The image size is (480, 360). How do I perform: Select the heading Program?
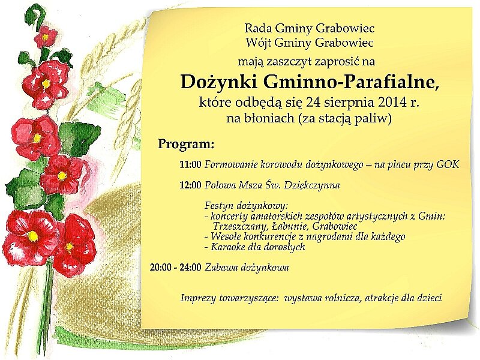186,144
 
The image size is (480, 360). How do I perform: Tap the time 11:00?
190,165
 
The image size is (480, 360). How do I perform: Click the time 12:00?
190,185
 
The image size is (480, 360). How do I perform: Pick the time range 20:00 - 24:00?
175,268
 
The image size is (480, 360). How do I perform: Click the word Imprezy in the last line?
198,298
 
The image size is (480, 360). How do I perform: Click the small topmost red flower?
46,37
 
